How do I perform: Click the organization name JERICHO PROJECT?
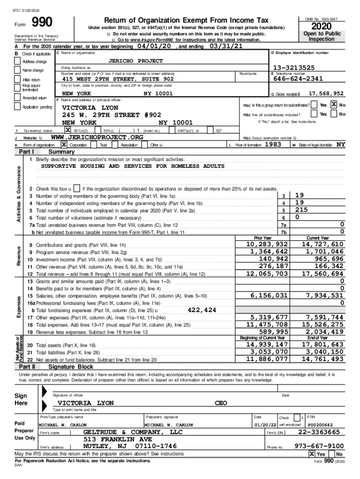pyautogui.click(x=136, y=61)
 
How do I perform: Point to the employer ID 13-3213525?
pyautogui.click(x=294, y=68)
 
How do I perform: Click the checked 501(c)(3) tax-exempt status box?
pyautogui.click(x=68, y=130)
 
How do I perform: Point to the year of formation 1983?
pyautogui.click(x=273, y=145)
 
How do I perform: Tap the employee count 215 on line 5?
pyautogui.click(x=301, y=210)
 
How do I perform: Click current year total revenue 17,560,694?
pyautogui.click(x=323, y=274)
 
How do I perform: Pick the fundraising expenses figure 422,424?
pyautogui.click(x=202, y=310)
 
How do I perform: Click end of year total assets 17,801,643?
pyautogui.click(x=323, y=345)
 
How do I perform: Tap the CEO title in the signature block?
pyautogui.click(x=221, y=403)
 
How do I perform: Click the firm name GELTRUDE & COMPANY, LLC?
pyautogui.click(x=132, y=432)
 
